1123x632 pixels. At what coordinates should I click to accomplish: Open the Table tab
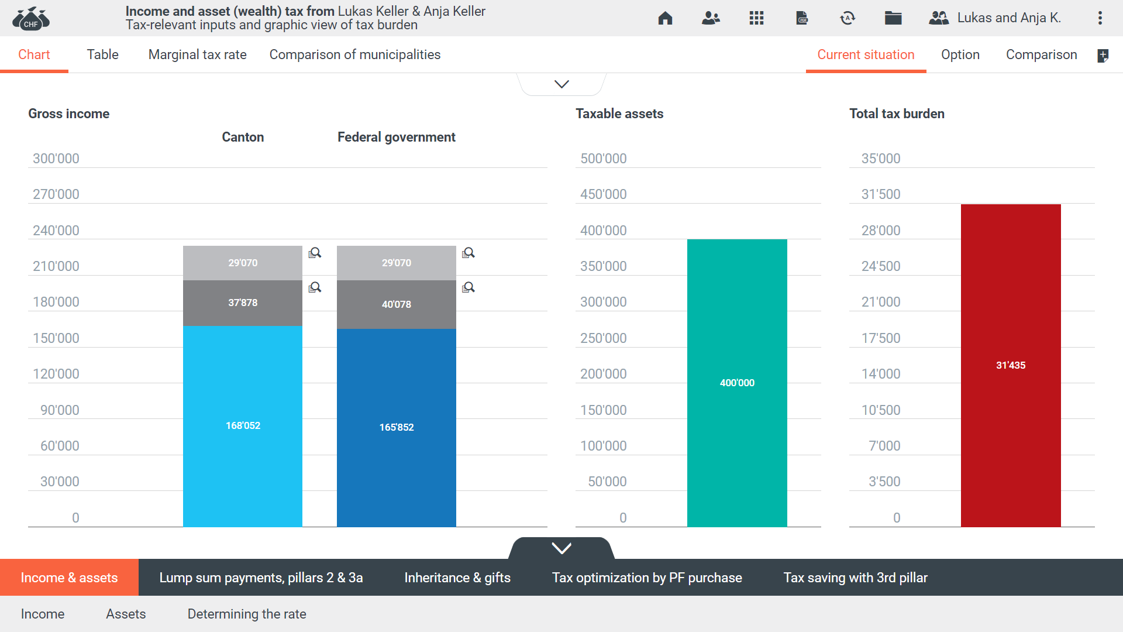pos(102,54)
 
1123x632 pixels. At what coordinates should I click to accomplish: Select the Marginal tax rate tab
pos(197,54)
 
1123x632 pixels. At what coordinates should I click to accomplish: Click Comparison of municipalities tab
pos(354,54)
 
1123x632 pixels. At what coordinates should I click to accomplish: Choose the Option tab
pos(960,54)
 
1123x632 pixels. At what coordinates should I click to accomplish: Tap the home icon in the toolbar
pos(665,18)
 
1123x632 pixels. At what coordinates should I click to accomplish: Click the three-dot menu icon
pos(1100,18)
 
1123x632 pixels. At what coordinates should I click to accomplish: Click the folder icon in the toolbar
pos(893,18)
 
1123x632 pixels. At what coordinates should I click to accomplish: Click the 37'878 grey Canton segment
pos(243,303)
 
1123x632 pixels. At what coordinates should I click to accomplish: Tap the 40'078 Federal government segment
pos(396,304)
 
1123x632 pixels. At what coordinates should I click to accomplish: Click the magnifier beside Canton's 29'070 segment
pos(315,253)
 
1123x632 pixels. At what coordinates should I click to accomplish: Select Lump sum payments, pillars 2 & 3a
pos(261,578)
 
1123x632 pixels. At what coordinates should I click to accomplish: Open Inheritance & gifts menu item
pos(457,578)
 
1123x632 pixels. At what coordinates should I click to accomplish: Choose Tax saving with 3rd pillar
pos(855,578)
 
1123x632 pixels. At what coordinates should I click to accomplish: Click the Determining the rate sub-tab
pos(246,614)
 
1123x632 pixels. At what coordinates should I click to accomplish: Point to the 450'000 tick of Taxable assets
pos(603,194)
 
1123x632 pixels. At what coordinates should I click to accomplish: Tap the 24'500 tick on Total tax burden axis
pos(880,266)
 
